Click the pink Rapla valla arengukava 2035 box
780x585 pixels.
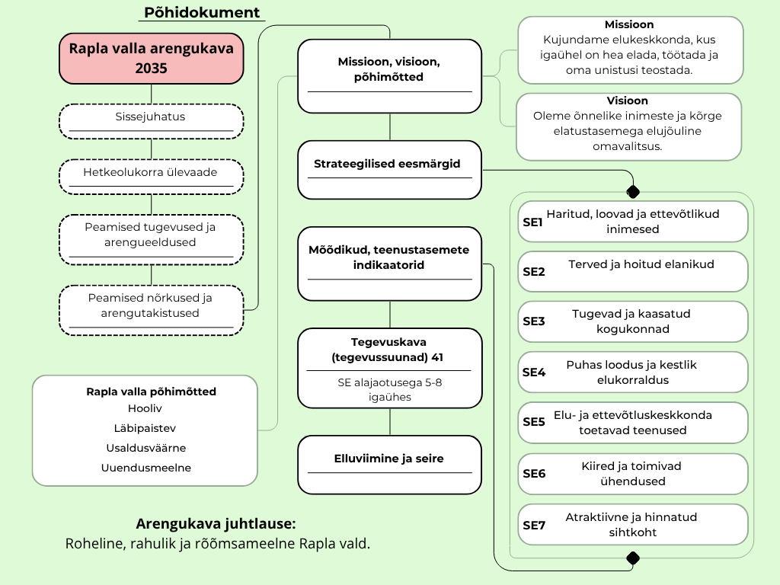click(152, 58)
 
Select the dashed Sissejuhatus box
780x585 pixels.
click(152, 121)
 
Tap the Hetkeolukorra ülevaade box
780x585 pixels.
click(152, 177)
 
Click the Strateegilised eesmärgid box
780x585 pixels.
click(389, 170)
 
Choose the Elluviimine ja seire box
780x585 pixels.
click(389, 465)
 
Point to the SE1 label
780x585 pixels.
click(532, 222)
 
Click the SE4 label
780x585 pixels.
click(533, 372)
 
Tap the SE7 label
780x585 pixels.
click(534, 526)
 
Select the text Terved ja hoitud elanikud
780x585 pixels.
click(641, 264)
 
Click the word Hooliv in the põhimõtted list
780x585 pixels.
click(145, 408)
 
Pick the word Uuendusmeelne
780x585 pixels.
click(145, 468)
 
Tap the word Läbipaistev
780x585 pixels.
click(145, 428)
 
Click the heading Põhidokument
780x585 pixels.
click(202, 12)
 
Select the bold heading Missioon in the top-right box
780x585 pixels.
click(629, 24)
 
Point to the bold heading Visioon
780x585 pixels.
click(628, 101)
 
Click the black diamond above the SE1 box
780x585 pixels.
click(633, 191)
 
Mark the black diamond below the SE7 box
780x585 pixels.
click(633, 558)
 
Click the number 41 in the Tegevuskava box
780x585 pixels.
click(437, 357)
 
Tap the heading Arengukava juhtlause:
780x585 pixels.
click(216, 524)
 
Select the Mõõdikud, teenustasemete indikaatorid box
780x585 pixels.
click(389, 264)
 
